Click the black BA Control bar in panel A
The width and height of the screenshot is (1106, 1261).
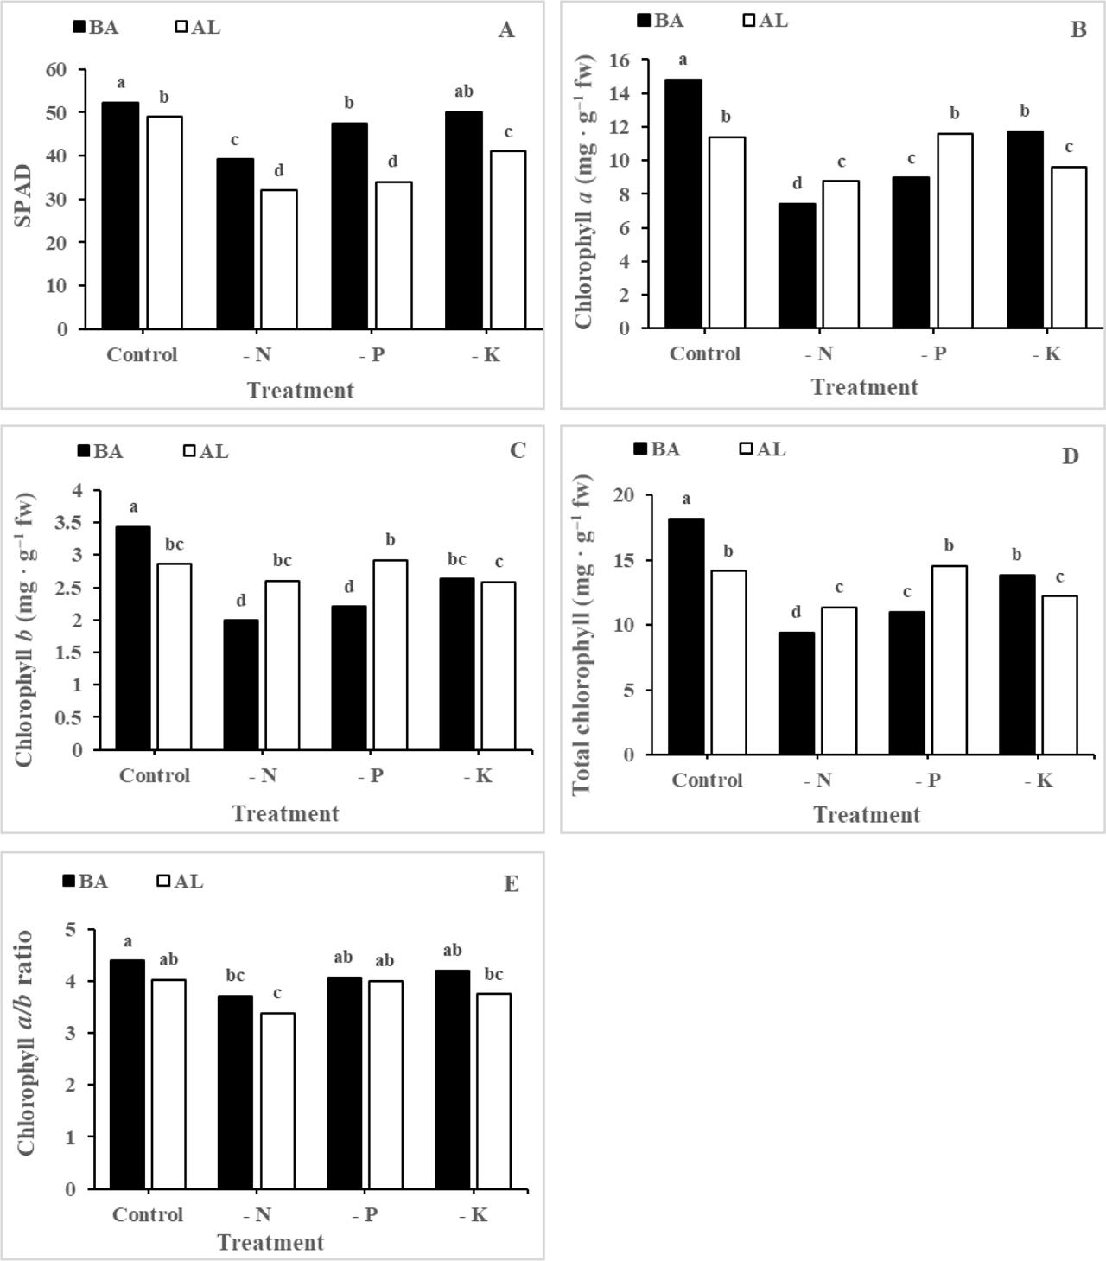pyautogui.click(x=120, y=215)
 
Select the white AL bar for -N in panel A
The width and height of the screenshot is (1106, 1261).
pyautogui.click(x=278, y=259)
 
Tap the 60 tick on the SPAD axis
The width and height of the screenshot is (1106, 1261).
pyautogui.click(x=56, y=69)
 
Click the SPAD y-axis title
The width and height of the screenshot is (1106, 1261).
pyautogui.click(x=23, y=196)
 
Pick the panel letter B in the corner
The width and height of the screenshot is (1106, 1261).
pyautogui.click(x=1077, y=30)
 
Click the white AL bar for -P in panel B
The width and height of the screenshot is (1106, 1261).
pyautogui.click(x=955, y=231)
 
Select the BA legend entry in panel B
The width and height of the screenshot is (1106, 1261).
pyautogui.click(x=661, y=20)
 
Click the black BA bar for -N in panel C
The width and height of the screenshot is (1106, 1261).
pyautogui.click(x=241, y=684)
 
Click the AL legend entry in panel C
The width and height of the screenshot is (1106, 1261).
pyautogui.click(x=207, y=451)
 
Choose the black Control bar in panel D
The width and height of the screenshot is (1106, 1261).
pyautogui.click(x=687, y=636)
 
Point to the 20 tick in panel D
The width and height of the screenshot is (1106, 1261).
pyautogui.click(x=625, y=495)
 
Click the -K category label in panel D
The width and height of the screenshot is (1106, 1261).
pyautogui.click(x=1039, y=780)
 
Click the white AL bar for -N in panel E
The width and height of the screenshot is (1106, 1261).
pyautogui.click(x=277, y=1100)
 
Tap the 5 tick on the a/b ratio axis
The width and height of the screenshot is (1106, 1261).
pyautogui.click(x=71, y=930)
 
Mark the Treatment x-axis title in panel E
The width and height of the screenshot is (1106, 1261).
pyautogui.click(x=270, y=1242)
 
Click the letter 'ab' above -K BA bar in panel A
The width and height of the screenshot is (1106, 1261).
pyautogui.click(x=463, y=92)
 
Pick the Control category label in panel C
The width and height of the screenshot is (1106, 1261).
pyautogui.click(x=155, y=775)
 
